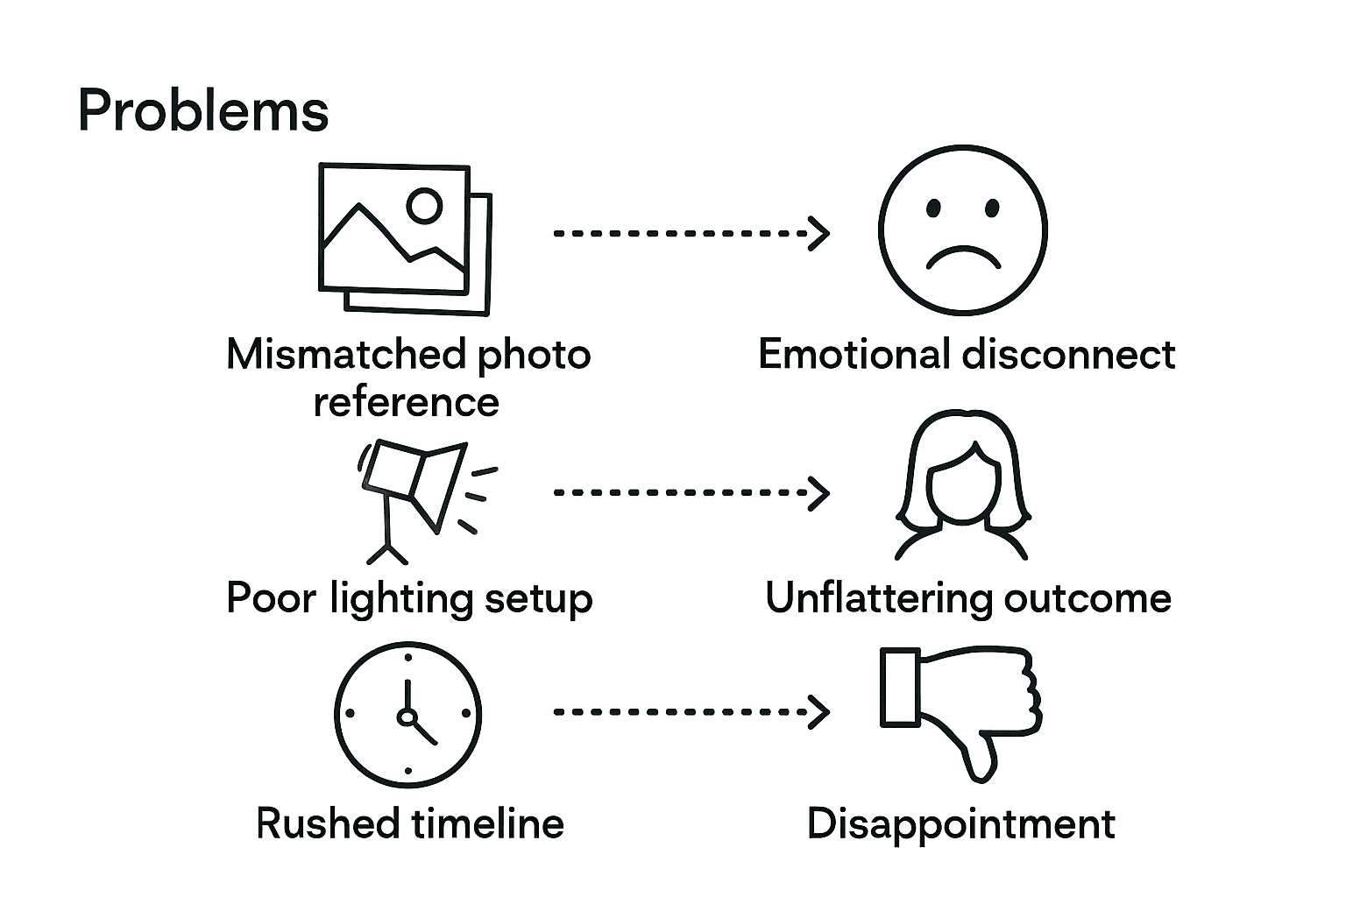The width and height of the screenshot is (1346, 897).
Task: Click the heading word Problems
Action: click(x=202, y=111)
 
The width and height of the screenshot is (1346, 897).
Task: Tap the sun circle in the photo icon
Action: click(x=425, y=205)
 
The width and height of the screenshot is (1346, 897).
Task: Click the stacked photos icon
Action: click(x=403, y=238)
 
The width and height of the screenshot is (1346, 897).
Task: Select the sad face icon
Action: click(x=962, y=230)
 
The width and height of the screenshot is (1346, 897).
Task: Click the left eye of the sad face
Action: click(x=933, y=208)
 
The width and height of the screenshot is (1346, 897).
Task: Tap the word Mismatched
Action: click(x=345, y=355)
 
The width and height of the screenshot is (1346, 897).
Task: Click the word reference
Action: click(x=406, y=402)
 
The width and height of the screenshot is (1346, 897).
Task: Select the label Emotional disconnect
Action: click(x=966, y=355)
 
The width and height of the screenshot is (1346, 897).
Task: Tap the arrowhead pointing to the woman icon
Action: click(x=819, y=492)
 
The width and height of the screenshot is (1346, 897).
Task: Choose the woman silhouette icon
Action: click(x=961, y=486)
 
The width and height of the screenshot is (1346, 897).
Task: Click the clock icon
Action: click(x=407, y=714)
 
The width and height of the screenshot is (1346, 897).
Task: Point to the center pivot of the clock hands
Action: click(x=407, y=717)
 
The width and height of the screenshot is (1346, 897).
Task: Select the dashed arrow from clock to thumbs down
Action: click(x=691, y=711)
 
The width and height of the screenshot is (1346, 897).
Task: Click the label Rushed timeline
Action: click(x=409, y=823)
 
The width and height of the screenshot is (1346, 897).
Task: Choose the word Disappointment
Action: click(x=960, y=824)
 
